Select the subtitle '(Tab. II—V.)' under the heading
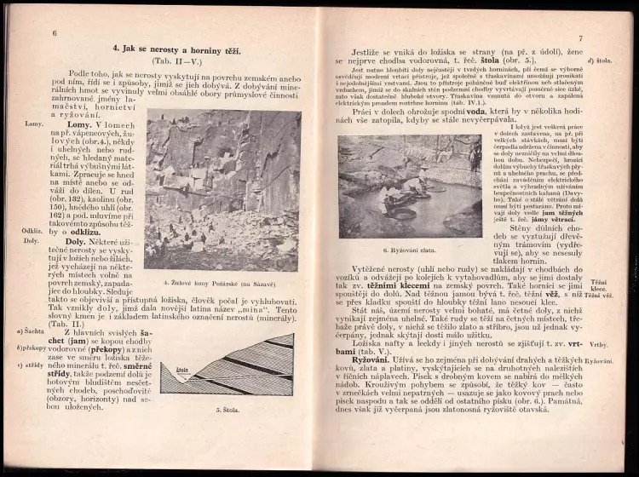177,63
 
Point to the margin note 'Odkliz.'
33,231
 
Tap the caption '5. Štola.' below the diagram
226,409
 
